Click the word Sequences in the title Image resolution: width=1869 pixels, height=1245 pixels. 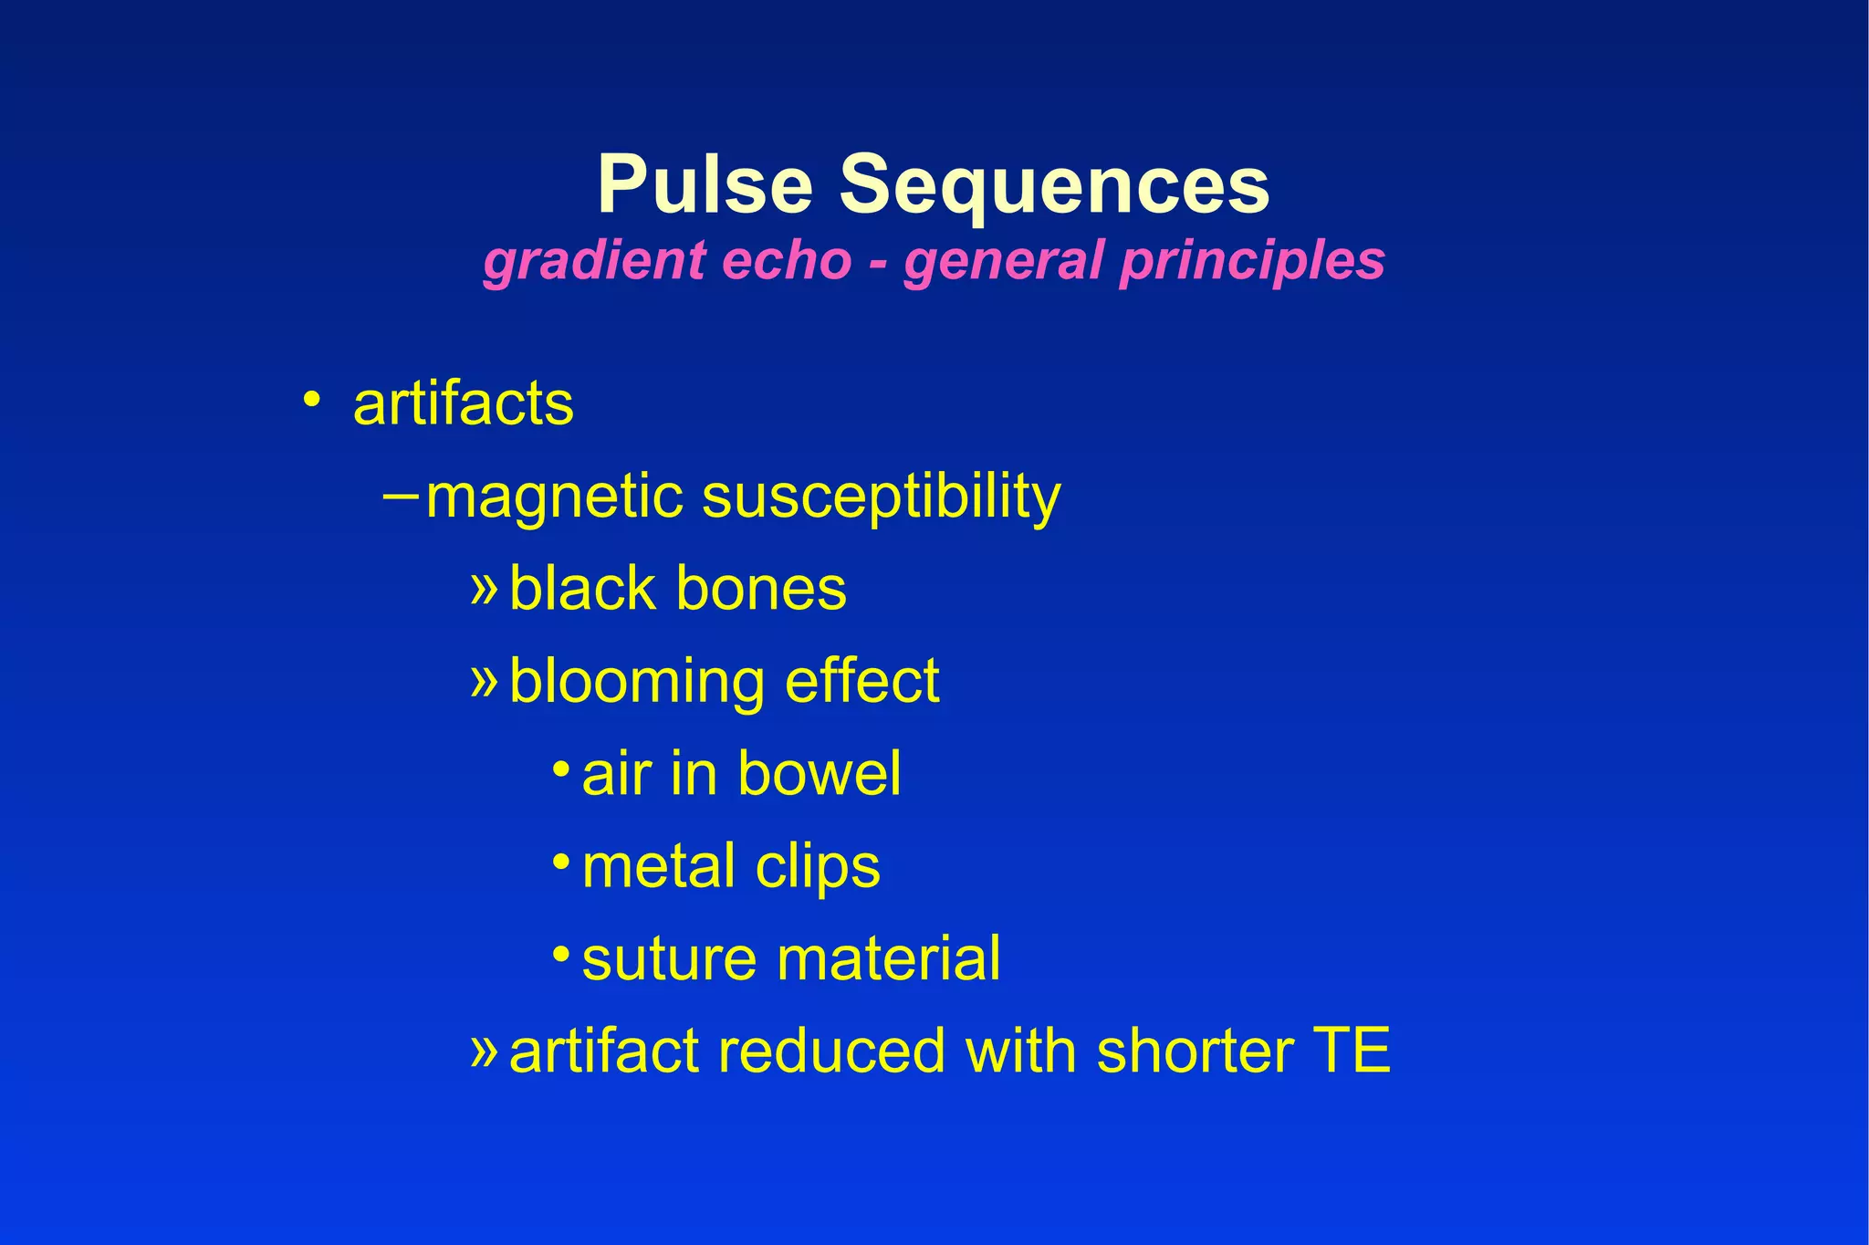(1054, 185)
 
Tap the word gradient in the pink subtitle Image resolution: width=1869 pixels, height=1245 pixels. (593, 260)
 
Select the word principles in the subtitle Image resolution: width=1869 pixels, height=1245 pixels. (1252, 260)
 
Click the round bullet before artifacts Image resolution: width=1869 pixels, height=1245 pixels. (312, 400)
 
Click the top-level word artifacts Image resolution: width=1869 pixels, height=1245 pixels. (464, 403)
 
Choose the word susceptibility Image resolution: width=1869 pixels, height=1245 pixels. (881, 498)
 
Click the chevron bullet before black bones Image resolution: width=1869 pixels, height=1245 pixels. (484, 587)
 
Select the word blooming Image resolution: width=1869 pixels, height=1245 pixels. (636, 682)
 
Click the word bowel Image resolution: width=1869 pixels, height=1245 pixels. (819, 774)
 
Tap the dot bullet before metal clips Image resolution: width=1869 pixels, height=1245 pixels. (561, 860)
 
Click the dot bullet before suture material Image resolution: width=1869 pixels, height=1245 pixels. (561, 953)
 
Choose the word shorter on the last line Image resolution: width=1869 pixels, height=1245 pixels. (1194, 1051)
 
